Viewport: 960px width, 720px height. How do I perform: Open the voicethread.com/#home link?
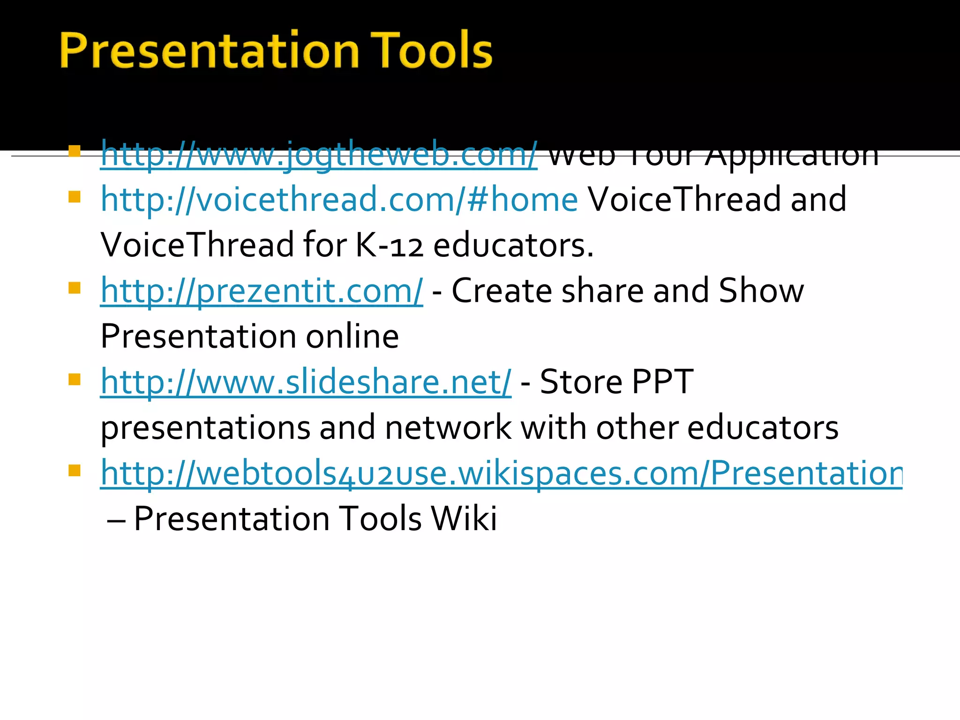point(339,200)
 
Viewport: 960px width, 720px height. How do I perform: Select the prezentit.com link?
point(262,291)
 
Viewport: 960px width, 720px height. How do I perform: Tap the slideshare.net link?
point(306,382)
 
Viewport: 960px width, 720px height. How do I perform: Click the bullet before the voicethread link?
point(75,196)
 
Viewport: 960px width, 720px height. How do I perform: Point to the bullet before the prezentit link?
point(75,288)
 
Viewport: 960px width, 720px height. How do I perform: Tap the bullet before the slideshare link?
point(75,379)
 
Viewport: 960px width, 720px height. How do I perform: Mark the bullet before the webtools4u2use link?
point(75,470)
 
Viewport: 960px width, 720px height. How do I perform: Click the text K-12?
point(389,246)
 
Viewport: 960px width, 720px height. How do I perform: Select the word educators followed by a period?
point(513,246)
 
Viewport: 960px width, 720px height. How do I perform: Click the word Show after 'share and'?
point(761,291)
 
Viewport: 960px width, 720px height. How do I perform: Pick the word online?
point(352,337)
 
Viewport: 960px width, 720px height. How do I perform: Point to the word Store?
point(581,382)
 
